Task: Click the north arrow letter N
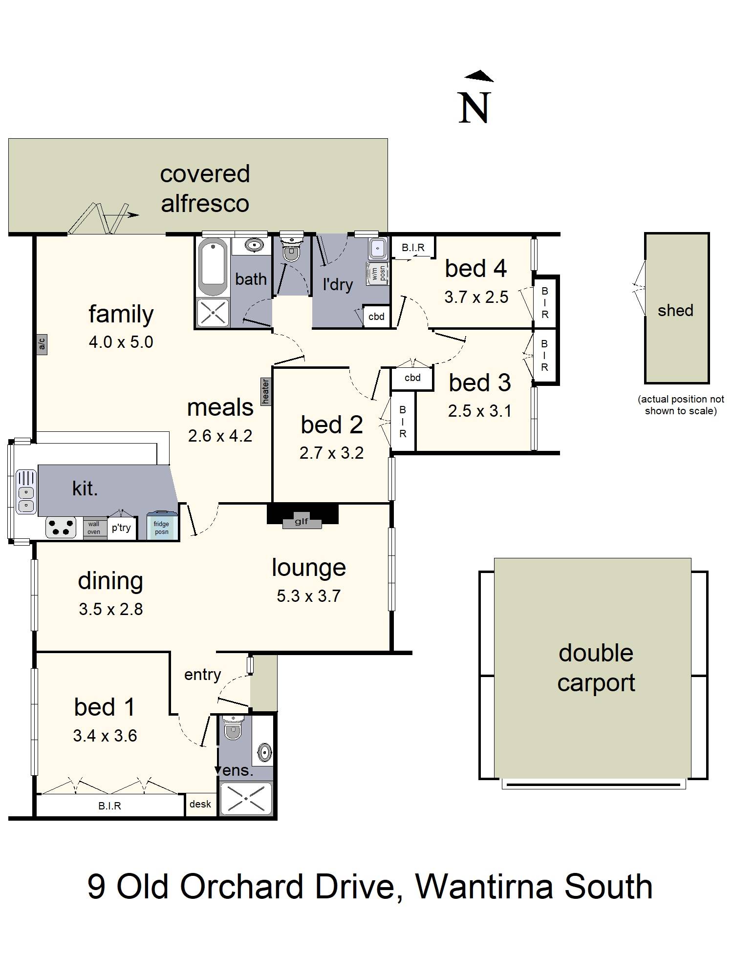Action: coord(474,108)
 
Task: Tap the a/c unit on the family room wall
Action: coord(42,344)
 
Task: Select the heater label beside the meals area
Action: coord(266,392)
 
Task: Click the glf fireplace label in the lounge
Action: coord(302,522)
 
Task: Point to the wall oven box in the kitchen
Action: coord(94,528)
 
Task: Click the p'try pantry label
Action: coord(121,528)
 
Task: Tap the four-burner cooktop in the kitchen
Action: coord(61,527)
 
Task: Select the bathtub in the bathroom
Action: coord(213,267)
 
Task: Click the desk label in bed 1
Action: coord(200,804)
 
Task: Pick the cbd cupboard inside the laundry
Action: coord(376,317)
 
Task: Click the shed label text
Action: coord(675,310)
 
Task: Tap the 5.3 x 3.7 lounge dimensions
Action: coord(308,596)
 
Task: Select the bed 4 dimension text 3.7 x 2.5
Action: coord(476,297)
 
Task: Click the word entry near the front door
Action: coord(202,675)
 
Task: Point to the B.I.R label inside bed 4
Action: coord(413,248)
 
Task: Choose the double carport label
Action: coord(596,668)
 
